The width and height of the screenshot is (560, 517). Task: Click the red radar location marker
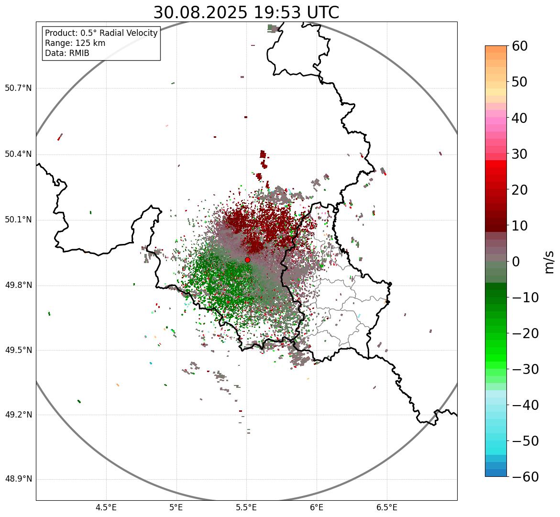click(x=248, y=260)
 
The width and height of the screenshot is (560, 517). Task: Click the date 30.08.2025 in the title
click(x=200, y=12)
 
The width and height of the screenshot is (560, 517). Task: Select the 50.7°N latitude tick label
click(x=18, y=88)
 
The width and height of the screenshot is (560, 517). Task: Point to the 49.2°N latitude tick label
click(x=18, y=415)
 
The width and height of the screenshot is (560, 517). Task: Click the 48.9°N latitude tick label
click(x=18, y=479)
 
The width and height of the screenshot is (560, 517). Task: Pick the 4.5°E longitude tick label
click(x=106, y=507)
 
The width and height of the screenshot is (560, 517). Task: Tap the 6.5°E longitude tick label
click(x=386, y=507)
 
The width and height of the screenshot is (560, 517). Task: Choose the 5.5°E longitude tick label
click(x=246, y=507)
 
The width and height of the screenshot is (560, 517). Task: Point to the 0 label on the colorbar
click(x=516, y=262)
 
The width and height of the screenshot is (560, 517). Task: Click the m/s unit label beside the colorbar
click(x=549, y=262)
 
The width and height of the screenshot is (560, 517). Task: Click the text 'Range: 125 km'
click(x=75, y=43)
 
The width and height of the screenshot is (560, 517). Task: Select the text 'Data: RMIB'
click(x=67, y=53)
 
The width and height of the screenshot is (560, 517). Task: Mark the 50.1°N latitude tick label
click(x=18, y=220)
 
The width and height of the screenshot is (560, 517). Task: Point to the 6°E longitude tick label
click(x=317, y=507)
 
